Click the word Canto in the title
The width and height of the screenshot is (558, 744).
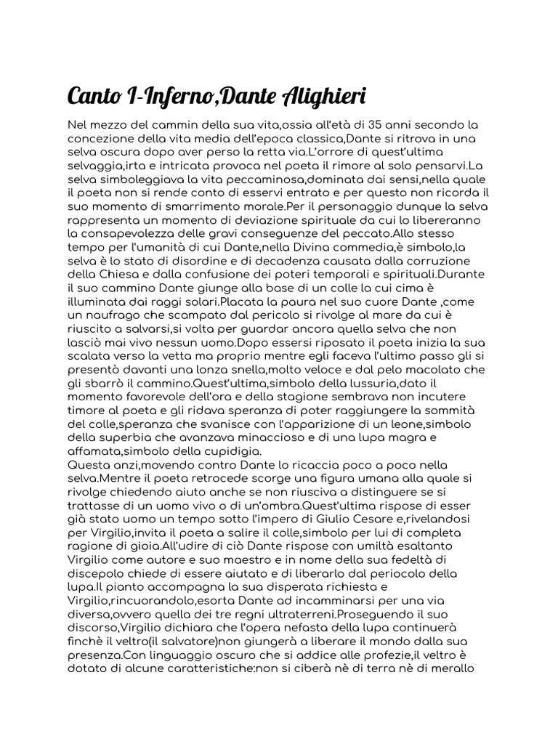coord(93,96)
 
